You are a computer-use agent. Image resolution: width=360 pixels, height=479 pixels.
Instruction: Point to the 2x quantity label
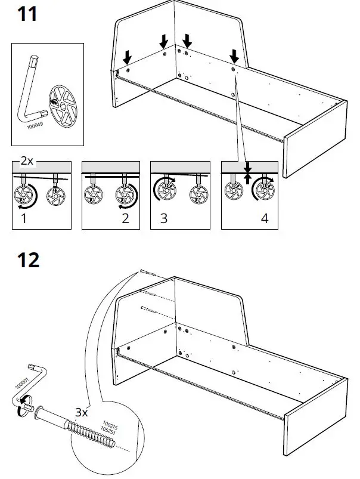27,161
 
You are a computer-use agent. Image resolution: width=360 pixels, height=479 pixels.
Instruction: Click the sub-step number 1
23,218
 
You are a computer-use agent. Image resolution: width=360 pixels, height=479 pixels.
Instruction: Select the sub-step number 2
125,218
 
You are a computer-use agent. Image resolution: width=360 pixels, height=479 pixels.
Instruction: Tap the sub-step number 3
163,218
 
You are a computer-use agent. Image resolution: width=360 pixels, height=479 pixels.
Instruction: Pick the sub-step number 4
264,218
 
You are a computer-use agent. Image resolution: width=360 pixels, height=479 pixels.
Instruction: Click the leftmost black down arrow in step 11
126,57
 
